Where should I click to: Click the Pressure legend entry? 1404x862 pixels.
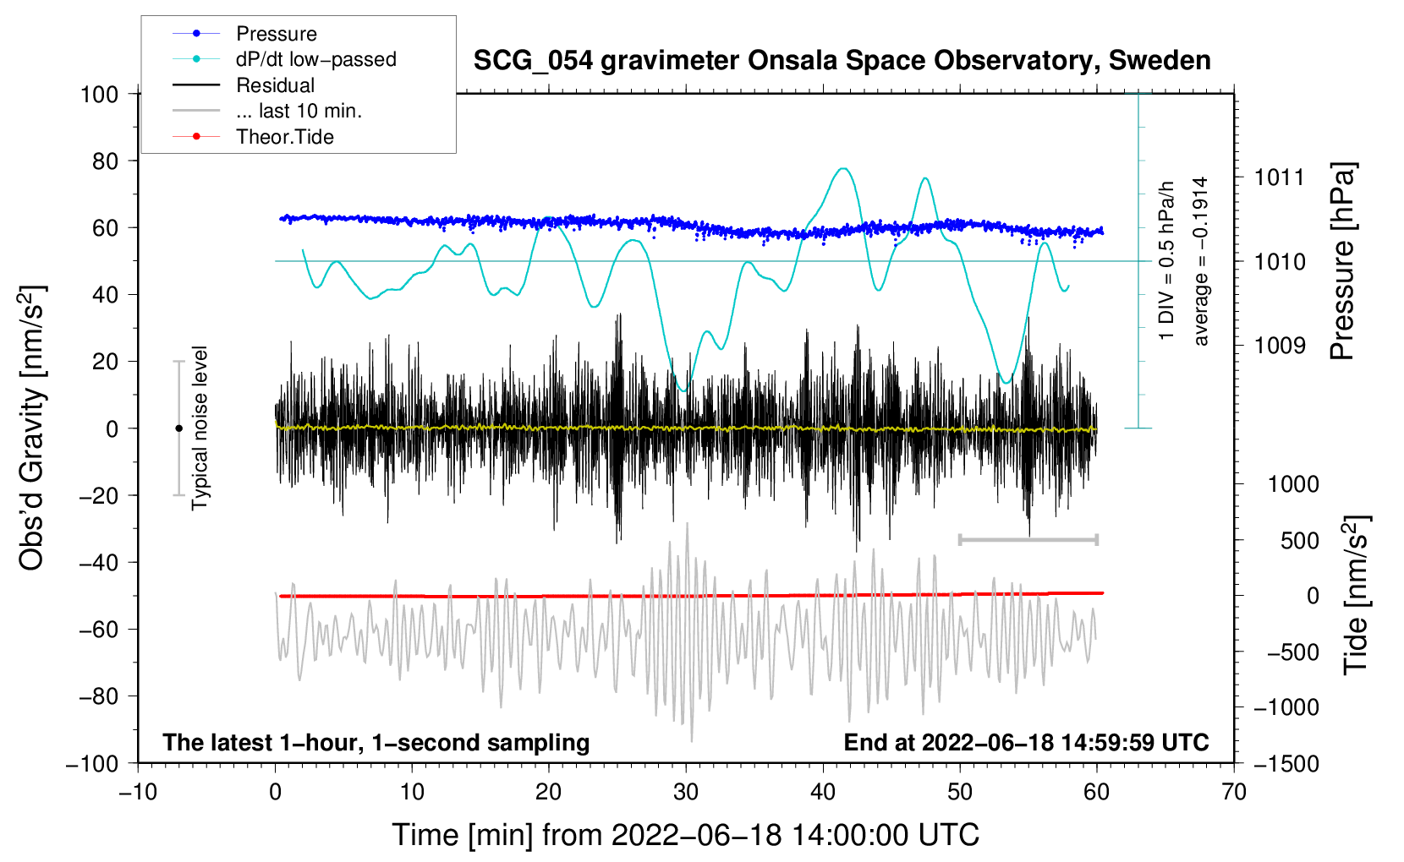[x=245, y=33]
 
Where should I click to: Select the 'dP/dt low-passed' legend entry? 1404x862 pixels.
[x=284, y=59]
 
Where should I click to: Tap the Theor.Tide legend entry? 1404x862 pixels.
[x=253, y=137]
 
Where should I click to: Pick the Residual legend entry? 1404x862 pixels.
[x=244, y=85]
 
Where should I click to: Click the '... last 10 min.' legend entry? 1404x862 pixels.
[x=267, y=111]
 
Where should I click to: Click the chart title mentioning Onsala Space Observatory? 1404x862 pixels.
[x=842, y=61]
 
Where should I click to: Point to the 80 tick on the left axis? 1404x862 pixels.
[x=105, y=161]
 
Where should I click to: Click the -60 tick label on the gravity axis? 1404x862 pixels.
[x=99, y=629]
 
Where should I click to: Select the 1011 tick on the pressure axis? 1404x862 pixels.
[x=1279, y=177]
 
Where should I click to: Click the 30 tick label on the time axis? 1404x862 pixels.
[x=686, y=792]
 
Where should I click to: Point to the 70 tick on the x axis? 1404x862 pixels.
[x=1233, y=792]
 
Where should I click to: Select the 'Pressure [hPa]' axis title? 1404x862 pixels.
[x=1342, y=261]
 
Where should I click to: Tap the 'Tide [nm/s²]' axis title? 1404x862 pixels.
[x=1357, y=595]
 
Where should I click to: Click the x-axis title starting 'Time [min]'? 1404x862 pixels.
[x=686, y=835]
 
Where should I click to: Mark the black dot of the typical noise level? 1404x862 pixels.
[x=178, y=428]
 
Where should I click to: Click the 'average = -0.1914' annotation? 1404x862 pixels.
[x=1200, y=261]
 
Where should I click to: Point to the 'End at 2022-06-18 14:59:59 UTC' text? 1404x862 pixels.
[x=1026, y=742]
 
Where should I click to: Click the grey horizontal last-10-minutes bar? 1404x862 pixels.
[x=1028, y=539]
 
